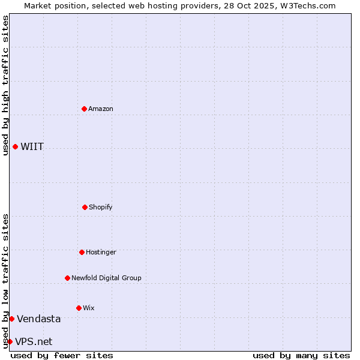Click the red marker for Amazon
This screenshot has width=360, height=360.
tap(84, 109)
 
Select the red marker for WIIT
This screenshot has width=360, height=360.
tap(15, 146)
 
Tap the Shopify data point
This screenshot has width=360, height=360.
tap(85, 207)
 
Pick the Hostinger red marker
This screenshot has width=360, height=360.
tap(82, 252)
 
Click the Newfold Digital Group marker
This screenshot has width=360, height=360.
tap(67, 278)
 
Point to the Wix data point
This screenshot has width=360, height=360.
tap(79, 308)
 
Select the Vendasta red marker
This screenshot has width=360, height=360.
tap(11, 319)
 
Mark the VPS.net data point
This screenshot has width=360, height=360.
tap(10, 341)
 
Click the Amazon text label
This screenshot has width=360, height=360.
tap(101, 109)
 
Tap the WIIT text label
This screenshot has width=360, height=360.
tap(32, 147)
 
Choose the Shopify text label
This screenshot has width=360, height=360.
tap(101, 207)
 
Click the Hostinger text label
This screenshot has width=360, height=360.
tap(101, 252)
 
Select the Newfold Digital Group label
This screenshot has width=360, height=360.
tap(106, 278)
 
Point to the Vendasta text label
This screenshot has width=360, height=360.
tap(38, 319)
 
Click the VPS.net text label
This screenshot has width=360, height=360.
tap(34, 342)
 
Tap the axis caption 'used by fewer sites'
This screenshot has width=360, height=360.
tap(62, 355)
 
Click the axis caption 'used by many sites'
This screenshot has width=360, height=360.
tap(301, 355)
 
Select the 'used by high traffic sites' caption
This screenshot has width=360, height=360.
tap(5, 85)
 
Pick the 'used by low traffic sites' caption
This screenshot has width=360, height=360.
tap(5, 281)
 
